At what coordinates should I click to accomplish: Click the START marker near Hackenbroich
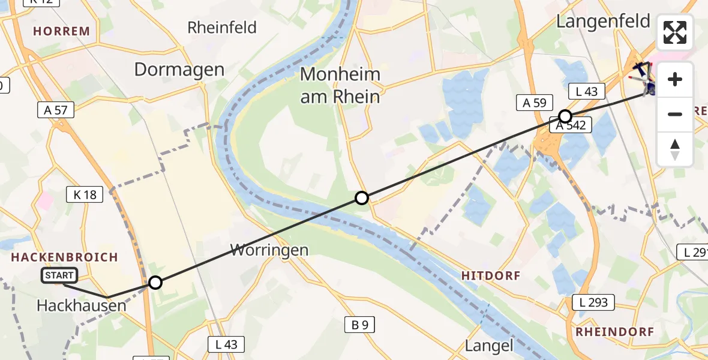point(59,275)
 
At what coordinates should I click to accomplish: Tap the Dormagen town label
point(179,70)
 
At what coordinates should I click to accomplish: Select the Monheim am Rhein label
point(340,85)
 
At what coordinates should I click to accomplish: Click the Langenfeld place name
point(603,22)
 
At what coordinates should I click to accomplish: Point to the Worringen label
point(270,250)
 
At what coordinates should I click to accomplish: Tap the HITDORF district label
point(491,275)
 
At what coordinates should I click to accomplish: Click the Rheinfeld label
point(222,28)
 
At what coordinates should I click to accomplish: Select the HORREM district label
point(61,31)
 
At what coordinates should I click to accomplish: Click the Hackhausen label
point(82,305)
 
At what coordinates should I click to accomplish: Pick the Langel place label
point(490,346)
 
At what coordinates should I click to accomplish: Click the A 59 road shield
point(534,103)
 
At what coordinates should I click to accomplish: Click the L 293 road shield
point(593,302)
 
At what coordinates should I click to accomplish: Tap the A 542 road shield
point(573,125)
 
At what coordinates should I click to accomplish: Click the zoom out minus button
point(675,114)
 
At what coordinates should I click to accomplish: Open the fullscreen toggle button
point(675,32)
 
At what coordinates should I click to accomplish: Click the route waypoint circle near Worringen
point(155,282)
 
